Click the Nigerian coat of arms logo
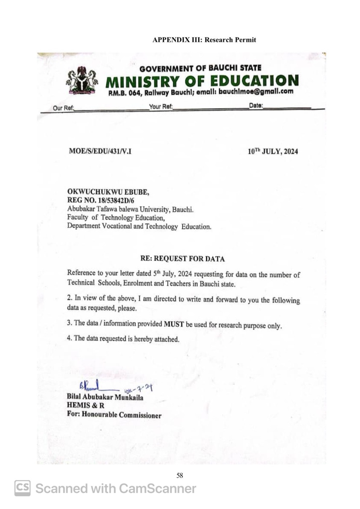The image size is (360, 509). pos(82,81)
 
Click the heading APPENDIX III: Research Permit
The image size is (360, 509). pos(204,40)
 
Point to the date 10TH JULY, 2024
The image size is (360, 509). pos(273,152)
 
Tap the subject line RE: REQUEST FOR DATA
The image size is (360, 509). pos(182,259)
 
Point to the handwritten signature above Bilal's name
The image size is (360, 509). pos(92,388)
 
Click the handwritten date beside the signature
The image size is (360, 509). pos(139,389)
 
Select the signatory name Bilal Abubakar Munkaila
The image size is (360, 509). pos(106,397)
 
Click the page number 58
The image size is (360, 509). pos(180,476)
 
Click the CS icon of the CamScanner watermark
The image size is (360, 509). pos(23,488)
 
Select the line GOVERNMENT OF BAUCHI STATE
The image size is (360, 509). pos(200,68)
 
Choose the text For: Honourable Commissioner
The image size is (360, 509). pos(114,415)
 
